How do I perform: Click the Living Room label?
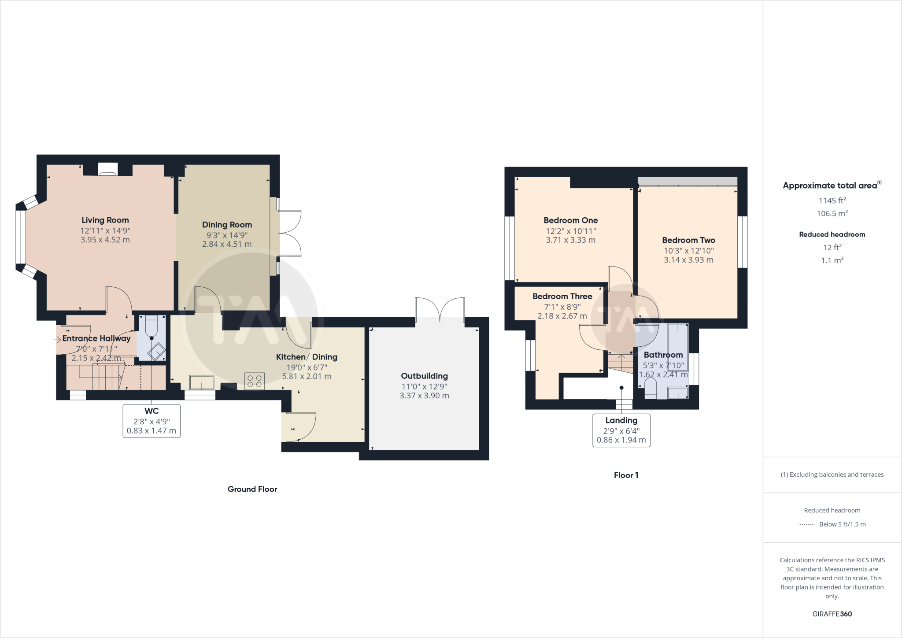pyautogui.click(x=105, y=220)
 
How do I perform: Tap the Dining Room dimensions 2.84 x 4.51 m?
pyautogui.click(x=227, y=244)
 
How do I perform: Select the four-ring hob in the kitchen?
pyautogui.click(x=255, y=381)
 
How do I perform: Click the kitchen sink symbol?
pyautogui.click(x=202, y=382)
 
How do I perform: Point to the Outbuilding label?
pyautogui.click(x=424, y=376)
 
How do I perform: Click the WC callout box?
pyautogui.click(x=151, y=421)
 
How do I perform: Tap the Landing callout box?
pyautogui.click(x=621, y=430)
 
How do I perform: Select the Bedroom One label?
pyautogui.click(x=570, y=220)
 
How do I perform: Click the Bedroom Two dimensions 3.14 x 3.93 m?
pyautogui.click(x=688, y=260)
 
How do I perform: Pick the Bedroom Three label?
pyautogui.click(x=562, y=297)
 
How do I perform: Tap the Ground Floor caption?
pyautogui.click(x=252, y=489)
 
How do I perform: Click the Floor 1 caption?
pyautogui.click(x=626, y=475)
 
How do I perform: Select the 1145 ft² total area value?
pyautogui.click(x=832, y=200)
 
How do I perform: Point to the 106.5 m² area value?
pyautogui.click(x=832, y=214)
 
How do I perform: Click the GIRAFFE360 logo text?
pyautogui.click(x=832, y=614)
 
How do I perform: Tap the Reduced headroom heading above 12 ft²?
pyautogui.click(x=832, y=234)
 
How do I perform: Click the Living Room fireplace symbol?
pyautogui.click(x=108, y=170)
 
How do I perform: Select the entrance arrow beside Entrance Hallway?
pyautogui.click(x=57, y=339)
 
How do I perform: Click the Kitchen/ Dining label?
pyautogui.click(x=307, y=357)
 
